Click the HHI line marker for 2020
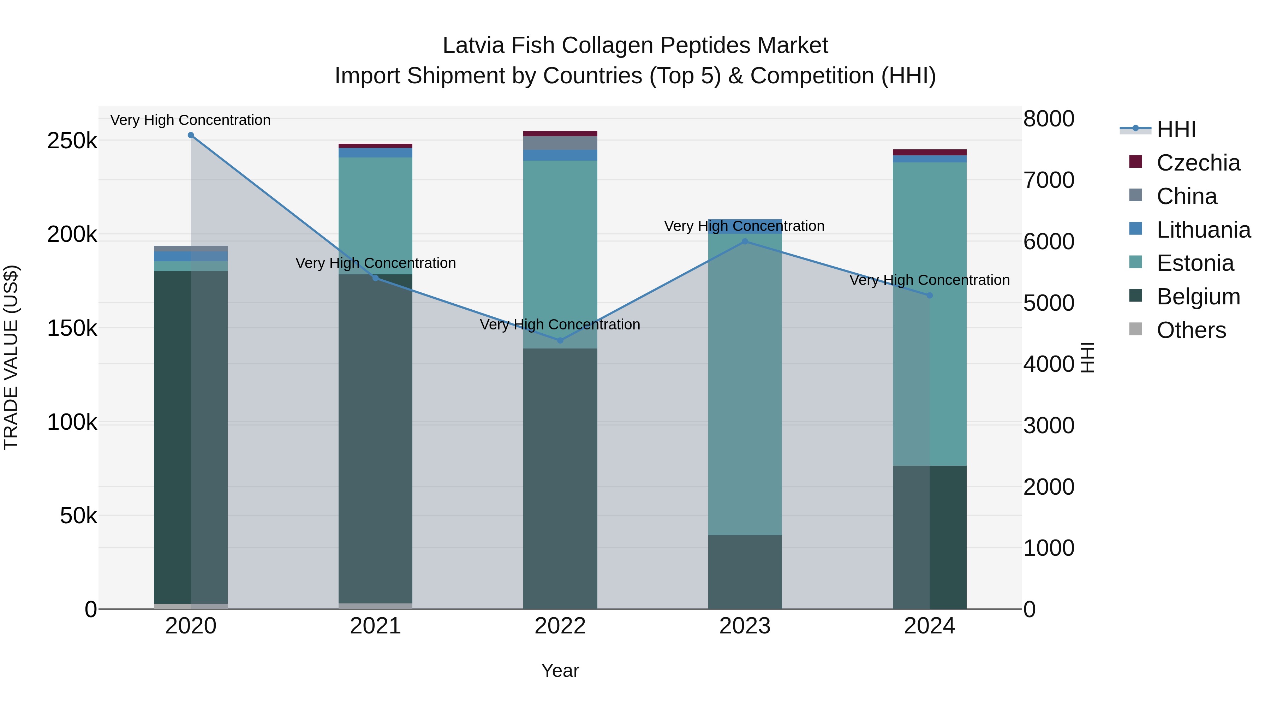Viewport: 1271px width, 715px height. point(191,135)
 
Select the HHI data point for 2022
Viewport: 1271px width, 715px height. point(560,340)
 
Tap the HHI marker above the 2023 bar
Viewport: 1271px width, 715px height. point(745,241)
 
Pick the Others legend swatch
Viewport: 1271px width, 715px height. point(1135,329)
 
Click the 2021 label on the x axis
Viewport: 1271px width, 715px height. point(376,626)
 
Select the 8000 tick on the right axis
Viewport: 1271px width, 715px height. point(1049,119)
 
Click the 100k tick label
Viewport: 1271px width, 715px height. point(72,422)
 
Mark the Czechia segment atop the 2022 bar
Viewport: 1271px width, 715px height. point(560,133)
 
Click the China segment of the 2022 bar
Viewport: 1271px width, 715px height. point(560,143)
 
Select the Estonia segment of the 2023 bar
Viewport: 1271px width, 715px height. point(745,385)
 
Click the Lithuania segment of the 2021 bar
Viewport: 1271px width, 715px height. point(376,153)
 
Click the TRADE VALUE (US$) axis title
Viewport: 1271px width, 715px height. point(11,357)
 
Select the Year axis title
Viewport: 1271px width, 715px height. point(560,671)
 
